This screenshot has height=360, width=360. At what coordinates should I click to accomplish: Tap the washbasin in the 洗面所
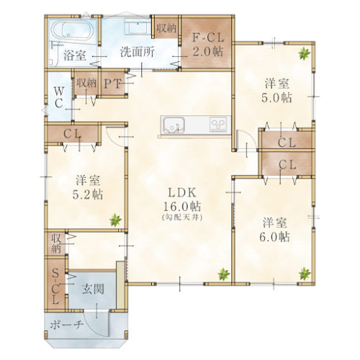click(137, 27)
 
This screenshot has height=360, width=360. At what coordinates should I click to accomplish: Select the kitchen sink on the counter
click(174, 125)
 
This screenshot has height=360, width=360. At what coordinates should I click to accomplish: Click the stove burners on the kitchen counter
click(218, 125)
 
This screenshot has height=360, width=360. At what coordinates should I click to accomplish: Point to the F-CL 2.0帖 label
click(208, 45)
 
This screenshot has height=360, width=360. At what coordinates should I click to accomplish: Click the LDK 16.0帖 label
click(182, 199)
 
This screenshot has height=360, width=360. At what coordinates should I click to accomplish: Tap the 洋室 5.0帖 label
click(276, 91)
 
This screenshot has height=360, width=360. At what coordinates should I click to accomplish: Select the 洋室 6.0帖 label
click(274, 230)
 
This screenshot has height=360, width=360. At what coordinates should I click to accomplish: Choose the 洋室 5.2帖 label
click(88, 187)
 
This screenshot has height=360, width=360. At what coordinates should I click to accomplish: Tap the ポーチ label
click(66, 325)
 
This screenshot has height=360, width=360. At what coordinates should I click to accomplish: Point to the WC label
click(59, 97)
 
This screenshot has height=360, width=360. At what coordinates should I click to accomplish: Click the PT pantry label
click(112, 84)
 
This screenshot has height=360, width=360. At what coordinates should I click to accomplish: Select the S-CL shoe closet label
click(55, 286)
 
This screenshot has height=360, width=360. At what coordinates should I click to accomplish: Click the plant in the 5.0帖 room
click(304, 53)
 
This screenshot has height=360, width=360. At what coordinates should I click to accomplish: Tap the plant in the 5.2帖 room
click(115, 220)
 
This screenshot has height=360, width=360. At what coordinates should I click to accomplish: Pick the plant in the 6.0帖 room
click(305, 274)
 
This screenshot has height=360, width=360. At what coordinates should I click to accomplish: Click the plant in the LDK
click(224, 274)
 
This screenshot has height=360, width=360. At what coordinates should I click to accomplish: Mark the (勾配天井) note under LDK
click(182, 217)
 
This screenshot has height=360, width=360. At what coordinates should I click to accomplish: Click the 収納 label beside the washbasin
click(166, 28)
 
